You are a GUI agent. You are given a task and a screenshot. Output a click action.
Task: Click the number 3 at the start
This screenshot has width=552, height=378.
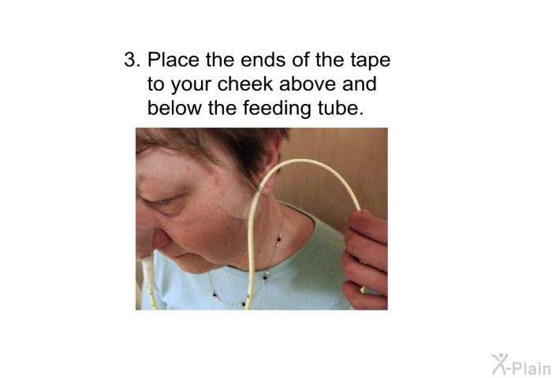[x=132, y=59]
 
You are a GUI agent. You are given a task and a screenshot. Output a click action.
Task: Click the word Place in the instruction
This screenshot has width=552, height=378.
[x=173, y=59]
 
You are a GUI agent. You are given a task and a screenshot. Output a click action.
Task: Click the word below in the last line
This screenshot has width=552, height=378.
[x=174, y=108]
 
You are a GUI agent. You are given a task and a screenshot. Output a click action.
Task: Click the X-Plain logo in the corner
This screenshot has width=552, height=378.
[x=521, y=365]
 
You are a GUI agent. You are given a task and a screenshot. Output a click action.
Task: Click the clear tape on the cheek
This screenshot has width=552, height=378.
[x=237, y=203]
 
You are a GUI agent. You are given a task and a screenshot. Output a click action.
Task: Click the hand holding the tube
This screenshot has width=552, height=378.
[x=366, y=260]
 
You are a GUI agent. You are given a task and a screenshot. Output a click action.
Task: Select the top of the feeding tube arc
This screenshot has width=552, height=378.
[x=303, y=161]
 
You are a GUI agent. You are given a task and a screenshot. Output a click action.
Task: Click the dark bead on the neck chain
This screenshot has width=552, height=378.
[x=279, y=239]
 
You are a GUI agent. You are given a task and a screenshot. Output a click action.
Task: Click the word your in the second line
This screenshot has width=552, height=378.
[x=191, y=85]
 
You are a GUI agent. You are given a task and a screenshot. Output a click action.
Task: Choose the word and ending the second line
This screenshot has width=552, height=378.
[x=360, y=83]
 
